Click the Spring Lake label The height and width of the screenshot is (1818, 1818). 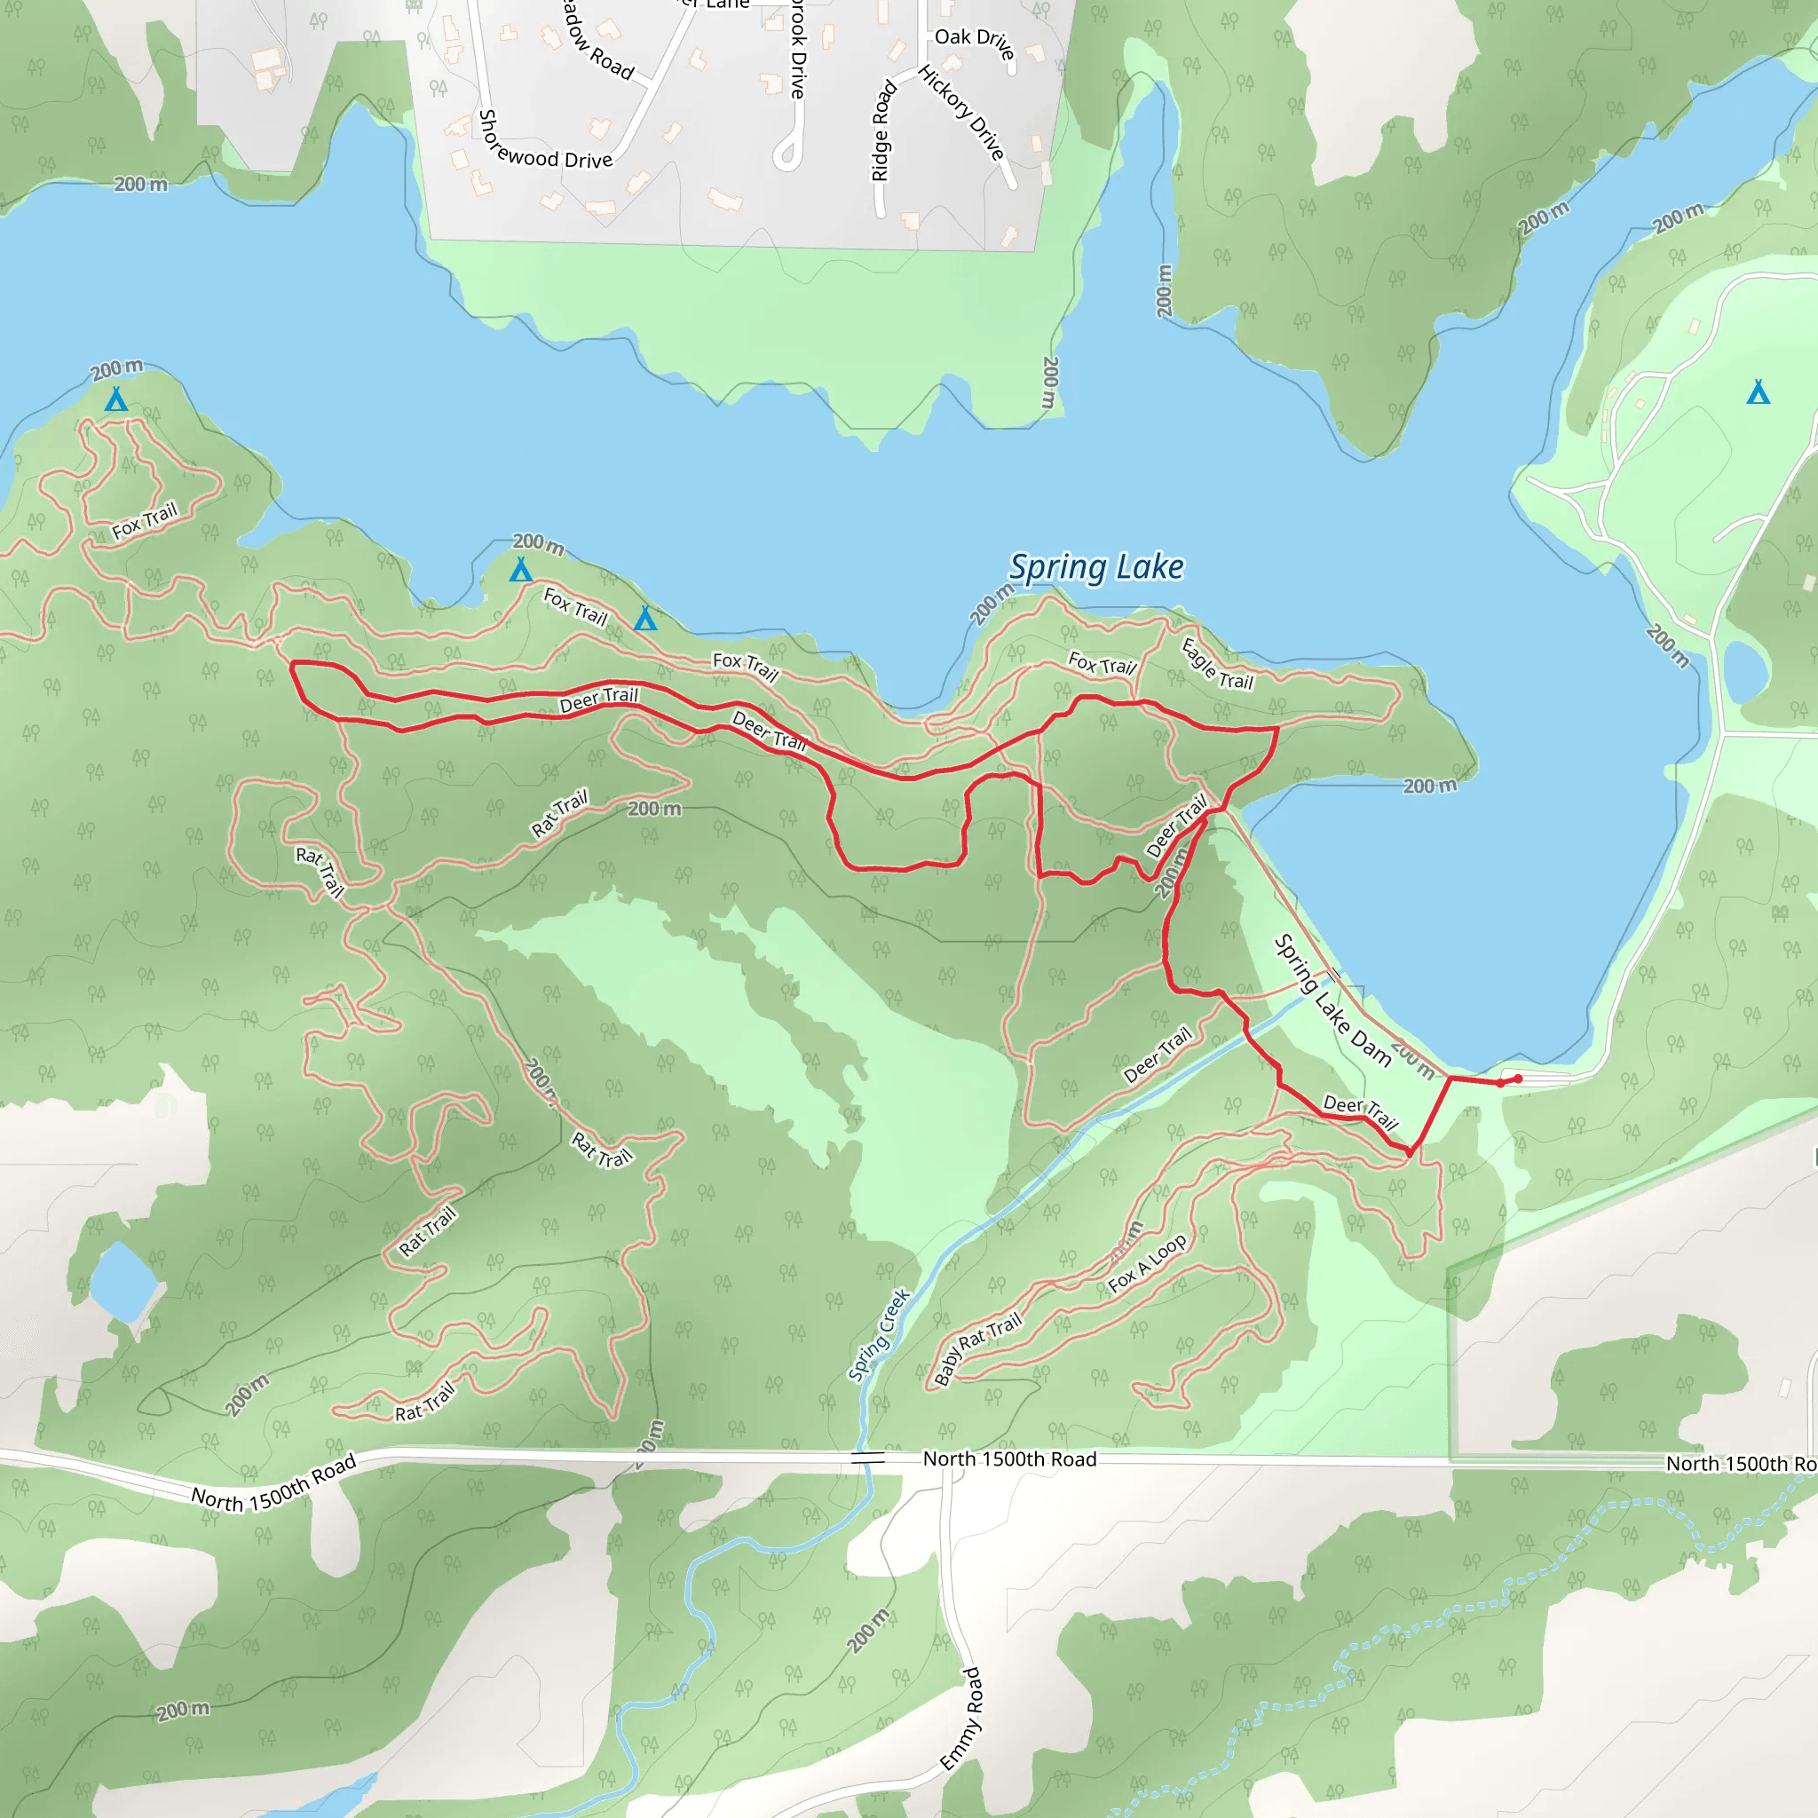pos(1096,567)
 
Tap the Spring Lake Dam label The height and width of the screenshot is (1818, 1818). pos(1332,1000)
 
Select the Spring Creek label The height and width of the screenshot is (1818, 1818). pos(879,1334)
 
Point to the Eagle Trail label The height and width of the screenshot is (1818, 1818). pos(1217,663)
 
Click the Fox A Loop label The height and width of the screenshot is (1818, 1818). pos(1147,1264)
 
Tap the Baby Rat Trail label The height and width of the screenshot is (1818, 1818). pos(977,1348)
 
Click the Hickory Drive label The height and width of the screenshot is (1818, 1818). pos(962,113)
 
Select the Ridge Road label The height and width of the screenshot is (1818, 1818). pos(881,130)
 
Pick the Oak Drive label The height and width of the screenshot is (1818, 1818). pos(975,43)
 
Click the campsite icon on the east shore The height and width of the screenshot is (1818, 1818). pos(1758,392)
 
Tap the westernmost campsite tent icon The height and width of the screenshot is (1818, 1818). pos(115,400)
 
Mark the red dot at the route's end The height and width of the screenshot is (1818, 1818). pos(1518,1079)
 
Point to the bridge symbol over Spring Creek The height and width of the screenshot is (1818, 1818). pos(867,1458)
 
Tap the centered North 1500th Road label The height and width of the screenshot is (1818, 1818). pos(1009,1458)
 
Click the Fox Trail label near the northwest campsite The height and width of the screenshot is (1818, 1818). pos(144,521)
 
